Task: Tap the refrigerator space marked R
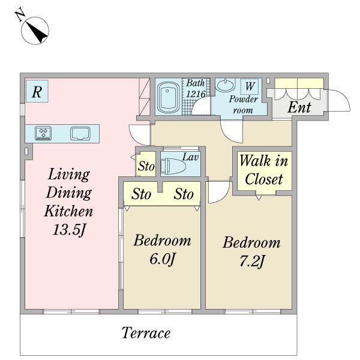tap(37, 91)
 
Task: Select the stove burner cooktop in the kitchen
tap(43, 133)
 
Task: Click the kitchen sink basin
tap(80, 133)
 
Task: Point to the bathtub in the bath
tap(167, 97)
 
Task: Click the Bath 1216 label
tap(196, 88)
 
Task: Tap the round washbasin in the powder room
tap(226, 85)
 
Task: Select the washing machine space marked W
tap(250, 86)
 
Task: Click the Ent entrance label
tap(299, 107)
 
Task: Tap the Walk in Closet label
tap(264, 170)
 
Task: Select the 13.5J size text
tap(69, 230)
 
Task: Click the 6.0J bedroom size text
tap(163, 259)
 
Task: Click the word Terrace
tap(146, 332)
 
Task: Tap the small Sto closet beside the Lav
tap(146, 164)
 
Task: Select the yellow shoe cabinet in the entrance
tap(299, 83)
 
